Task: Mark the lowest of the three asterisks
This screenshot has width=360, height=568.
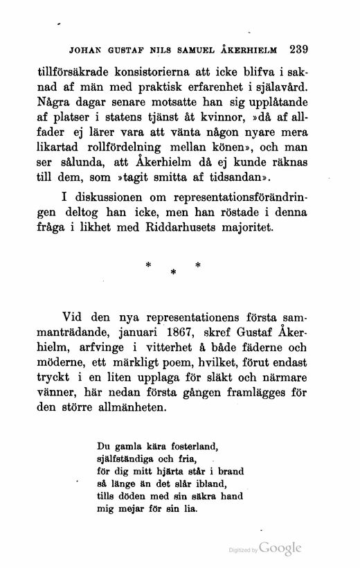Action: coord(172,274)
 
